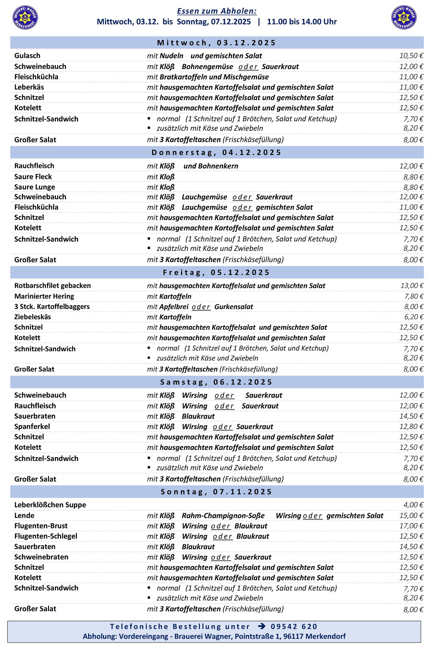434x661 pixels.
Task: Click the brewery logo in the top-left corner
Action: pos(25,17)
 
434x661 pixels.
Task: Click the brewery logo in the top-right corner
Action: pos(404,17)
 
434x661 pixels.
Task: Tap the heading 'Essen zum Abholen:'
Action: pos(217,11)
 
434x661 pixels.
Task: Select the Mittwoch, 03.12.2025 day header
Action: pos(217,43)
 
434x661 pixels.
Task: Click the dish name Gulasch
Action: pos(27,56)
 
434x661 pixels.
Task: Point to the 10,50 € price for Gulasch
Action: pos(411,56)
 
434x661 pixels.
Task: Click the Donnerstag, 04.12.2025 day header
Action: pos(217,152)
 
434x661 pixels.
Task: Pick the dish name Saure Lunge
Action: pos(35,187)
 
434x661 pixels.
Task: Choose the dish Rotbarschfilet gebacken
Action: pos(53,286)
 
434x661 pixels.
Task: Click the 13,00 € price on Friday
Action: pos(412,286)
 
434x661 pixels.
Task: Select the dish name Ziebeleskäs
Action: pos(33,317)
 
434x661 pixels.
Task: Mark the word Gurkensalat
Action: pos(233,307)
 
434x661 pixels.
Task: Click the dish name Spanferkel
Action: pos(32,426)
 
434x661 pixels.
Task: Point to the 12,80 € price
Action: pos(411,426)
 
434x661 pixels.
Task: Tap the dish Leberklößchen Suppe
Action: pos(50,505)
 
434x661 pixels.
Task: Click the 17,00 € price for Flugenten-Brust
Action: pos(411,526)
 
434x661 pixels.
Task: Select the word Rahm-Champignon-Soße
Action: pos(223,515)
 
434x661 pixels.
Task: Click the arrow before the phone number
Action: pos(262,626)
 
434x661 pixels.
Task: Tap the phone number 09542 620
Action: pos(294,626)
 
